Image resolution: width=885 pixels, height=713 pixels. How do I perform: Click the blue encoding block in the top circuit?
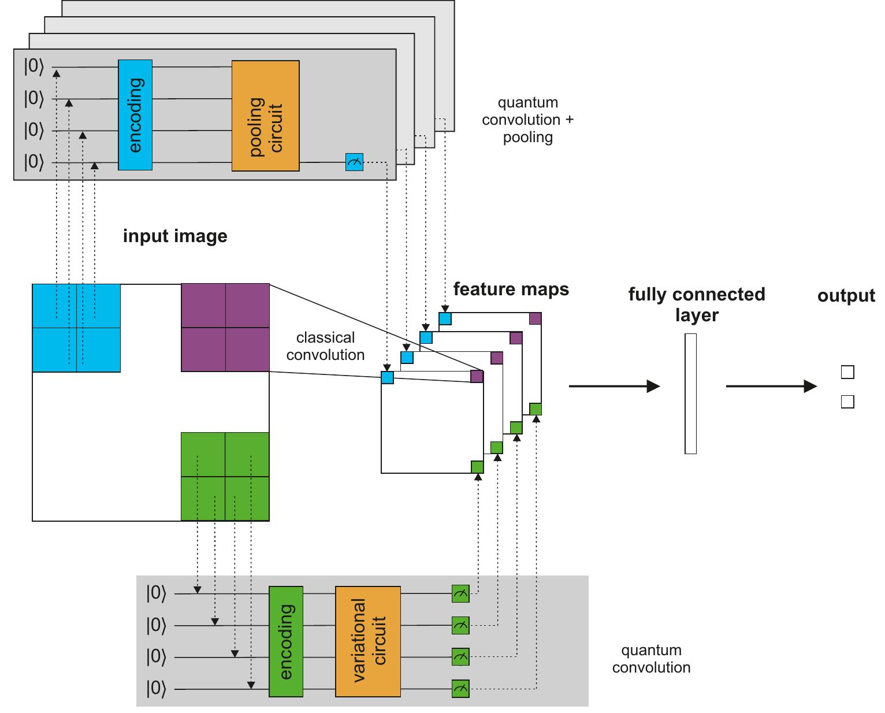tap(135, 115)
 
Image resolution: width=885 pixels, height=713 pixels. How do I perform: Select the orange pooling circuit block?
tap(266, 116)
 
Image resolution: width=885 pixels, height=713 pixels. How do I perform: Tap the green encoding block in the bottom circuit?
tap(286, 642)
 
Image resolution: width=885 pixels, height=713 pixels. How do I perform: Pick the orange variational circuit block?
tap(368, 642)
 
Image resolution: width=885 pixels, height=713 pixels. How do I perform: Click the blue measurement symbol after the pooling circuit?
tap(354, 162)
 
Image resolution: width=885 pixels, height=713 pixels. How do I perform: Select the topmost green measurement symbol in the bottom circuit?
tap(460, 594)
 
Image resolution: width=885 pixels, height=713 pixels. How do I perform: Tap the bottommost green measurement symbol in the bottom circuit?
tap(460, 689)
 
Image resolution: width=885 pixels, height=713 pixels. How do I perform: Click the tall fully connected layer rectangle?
tap(690, 393)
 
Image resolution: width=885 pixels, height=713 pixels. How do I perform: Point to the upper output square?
tap(847, 372)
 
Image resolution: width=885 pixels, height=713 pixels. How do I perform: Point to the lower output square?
tap(847, 402)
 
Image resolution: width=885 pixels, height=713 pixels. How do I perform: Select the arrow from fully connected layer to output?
tap(771, 386)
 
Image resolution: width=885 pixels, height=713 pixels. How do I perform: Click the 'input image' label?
tap(175, 236)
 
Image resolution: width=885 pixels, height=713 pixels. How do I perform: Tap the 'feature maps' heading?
tap(511, 289)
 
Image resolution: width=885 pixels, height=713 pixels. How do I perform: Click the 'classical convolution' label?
tap(325, 346)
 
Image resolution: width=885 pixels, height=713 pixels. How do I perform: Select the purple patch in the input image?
tap(225, 328)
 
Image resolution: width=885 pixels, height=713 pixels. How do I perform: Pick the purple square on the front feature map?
tap(477, 377)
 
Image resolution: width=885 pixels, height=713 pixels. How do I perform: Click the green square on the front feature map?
tap(477, 467)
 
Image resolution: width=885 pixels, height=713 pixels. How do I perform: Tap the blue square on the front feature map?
tap(387, 378)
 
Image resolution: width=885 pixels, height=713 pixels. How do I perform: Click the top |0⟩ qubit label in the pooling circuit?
tap(34, 66)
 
